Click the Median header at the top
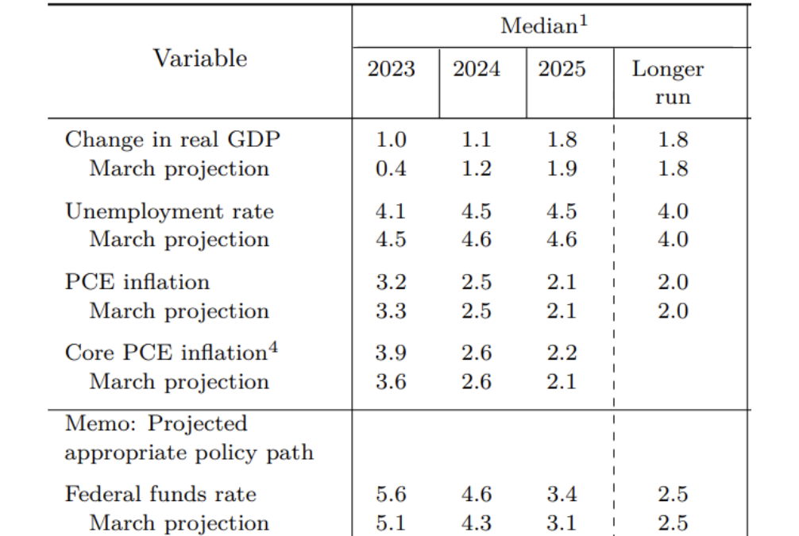(x=543, y=26)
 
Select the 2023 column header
(x=391, y=69)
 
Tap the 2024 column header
(x=477, y=69)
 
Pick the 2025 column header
(x=562, y=69)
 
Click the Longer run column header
(x=668, y=83)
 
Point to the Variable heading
(x=200, y=59)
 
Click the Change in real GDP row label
(x=172, y=140)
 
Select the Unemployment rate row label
(x=169, y=211)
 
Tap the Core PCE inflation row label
(x=164, y=353)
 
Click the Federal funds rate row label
(x=160, y=494)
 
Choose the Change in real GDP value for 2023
(x=391, y=140)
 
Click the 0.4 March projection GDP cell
(x=391, y=168)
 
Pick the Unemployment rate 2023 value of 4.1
(x=391, y=211)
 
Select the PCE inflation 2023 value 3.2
(x=391, y=282)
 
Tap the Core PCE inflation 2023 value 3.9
(x=391, y=353)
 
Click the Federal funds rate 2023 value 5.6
(x=391, y=494)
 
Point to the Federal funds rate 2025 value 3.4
(x=562, y=494)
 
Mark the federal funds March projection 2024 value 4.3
(x=477, y=523)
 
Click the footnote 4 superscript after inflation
(x=272, y=346)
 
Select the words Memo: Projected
(x=156, y=423)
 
